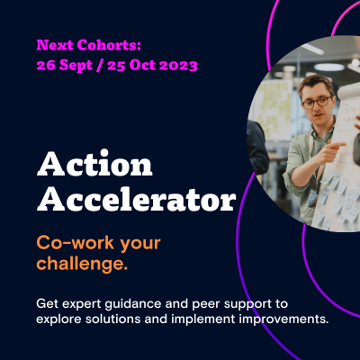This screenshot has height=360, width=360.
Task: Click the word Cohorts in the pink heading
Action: coord(109,45)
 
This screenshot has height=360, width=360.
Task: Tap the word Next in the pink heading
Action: coord(55,45)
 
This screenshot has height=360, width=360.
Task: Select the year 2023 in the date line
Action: coord(178,65)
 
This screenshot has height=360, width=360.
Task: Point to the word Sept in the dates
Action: coord(76,66)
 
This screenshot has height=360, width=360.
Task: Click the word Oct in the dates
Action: coord(142,65)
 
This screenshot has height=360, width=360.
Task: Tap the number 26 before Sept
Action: coord(46,65)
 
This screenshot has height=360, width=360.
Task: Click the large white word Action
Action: coord(94,164)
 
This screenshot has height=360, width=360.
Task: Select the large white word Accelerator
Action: coord(137,198)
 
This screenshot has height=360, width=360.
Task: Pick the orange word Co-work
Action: coord(76,243)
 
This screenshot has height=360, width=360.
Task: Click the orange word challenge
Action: coord(82,265)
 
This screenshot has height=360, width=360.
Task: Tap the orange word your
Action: coord(140,245)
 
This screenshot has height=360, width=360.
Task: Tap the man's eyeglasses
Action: coord(317,102)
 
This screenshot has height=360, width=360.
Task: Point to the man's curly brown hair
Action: coord(316,83)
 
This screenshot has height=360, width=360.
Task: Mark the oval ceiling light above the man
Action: coord(329,67)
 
